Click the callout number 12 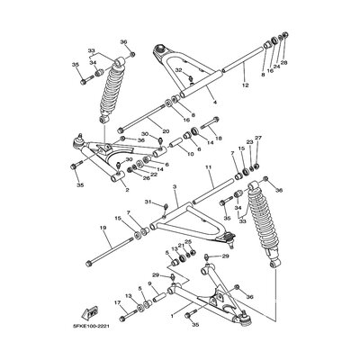244,85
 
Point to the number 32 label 179,70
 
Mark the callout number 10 190,154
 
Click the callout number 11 208,167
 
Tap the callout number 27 257,138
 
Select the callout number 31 149,204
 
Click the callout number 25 187,243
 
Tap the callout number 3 175,186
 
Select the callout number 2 126,190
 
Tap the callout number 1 172,316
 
